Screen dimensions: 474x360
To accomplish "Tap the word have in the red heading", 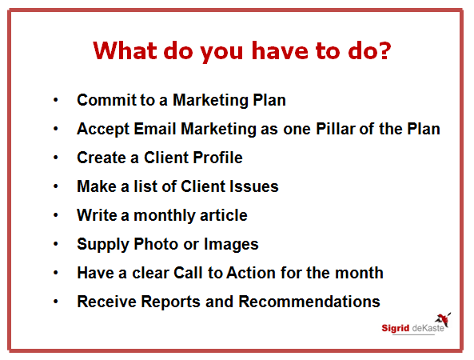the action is click(280, 50).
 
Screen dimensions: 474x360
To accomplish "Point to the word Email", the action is click(155, 129).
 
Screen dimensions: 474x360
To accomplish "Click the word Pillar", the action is click(335, 129).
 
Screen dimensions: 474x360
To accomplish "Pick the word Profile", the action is click(217, 158).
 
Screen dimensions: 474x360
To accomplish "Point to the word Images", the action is click(231, 245).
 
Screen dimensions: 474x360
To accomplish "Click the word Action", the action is click(251, 273).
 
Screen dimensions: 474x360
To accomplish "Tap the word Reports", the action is click(170, 302).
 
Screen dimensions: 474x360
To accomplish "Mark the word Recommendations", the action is click(309, 302).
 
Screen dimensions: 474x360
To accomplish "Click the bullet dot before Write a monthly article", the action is click(56, 215).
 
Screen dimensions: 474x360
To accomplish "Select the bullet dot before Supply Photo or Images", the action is click(56, 244).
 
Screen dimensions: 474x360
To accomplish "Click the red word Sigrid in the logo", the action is click(395, 329).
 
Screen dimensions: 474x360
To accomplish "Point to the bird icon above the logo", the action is click(443, 319).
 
